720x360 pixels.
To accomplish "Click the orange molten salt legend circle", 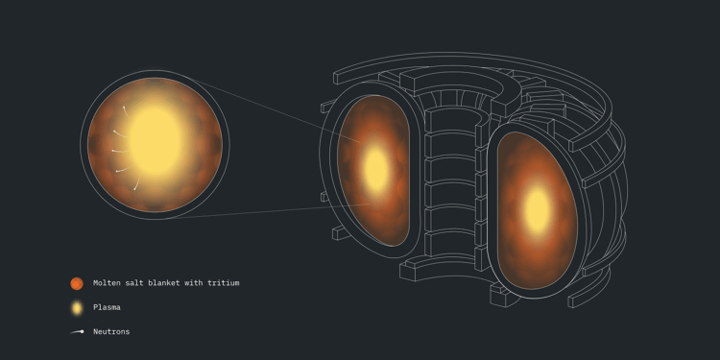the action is (77, 283).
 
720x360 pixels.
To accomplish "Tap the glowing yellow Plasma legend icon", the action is (77, 307).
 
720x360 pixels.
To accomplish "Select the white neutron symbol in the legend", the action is (77, 332).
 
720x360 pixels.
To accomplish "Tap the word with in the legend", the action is (193, 283).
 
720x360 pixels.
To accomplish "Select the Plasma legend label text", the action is (107, 307).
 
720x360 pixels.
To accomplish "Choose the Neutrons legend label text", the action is (111, 331).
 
